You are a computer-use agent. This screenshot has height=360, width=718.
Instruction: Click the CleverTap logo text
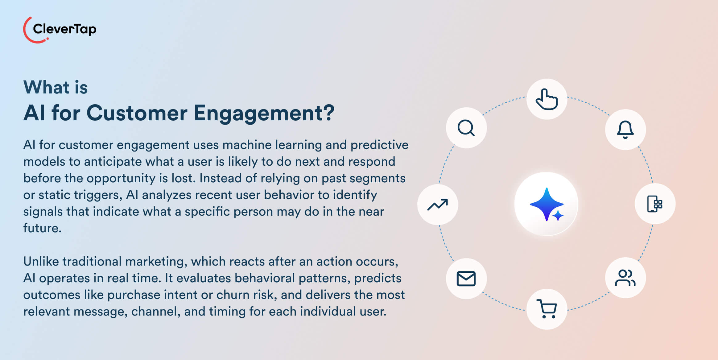[64, 29]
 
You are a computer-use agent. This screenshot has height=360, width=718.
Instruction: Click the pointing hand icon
[547, 99]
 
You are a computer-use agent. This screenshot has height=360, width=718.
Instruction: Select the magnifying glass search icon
[466, 128]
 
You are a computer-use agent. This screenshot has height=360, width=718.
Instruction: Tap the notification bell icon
[625, 130]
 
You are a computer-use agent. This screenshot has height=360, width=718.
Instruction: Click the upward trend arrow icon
[437, 205]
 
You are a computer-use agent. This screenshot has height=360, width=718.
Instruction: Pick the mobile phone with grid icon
[655, 204]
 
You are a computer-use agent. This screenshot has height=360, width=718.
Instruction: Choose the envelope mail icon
[466, 279]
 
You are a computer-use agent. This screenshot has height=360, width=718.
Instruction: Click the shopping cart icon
[547, 309]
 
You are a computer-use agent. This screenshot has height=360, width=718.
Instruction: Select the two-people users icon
[625, 278]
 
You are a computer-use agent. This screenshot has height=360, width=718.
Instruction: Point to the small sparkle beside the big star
[558, 215]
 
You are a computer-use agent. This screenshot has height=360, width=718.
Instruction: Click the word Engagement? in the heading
[264, 113]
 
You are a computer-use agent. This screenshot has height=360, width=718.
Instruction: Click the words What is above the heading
[56, 87]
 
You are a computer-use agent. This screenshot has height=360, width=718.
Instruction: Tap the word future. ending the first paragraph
[42, 228]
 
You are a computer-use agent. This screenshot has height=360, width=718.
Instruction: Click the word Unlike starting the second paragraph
[41, 262]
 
